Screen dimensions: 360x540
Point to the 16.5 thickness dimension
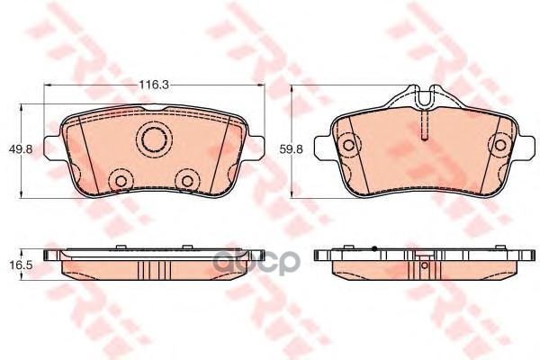[x=16, y=267]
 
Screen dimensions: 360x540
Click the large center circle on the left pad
[x=154, y=139]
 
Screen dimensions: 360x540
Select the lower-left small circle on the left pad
[x=118, y=181]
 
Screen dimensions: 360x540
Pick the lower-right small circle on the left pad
[x=187, y=181]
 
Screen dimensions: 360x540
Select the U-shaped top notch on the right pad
[x=419, y=93]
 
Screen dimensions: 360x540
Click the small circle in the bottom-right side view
[x=419, y=266]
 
